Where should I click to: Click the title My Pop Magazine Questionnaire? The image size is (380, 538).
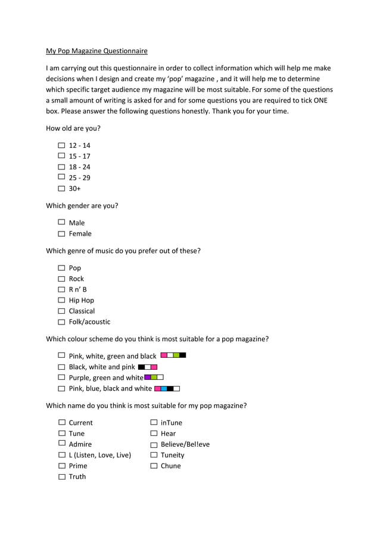tap(96, 51)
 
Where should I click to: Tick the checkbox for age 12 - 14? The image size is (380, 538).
tap(61, 145)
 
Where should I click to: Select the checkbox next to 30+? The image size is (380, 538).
tap(61, 188)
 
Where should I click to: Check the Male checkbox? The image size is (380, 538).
tap(61, 222)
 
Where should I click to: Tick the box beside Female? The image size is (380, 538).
tap(61, 234)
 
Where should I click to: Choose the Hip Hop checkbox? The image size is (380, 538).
tap(61, 301)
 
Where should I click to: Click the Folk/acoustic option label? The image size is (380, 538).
tap(89, 322)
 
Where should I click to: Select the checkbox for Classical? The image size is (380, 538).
tap(61, 311)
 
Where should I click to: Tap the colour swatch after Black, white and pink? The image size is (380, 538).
tap(147, 367)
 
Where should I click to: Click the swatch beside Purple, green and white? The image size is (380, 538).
tap(154, 378)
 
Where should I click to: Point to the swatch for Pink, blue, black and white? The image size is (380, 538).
tap(167, 389)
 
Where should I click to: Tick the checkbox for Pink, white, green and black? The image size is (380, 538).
tap(61, 355)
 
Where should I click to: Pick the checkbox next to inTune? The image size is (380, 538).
tap(154, 423)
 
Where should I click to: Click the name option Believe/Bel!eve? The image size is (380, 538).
tap(185, 444)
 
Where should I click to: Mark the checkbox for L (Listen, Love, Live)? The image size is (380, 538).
tap(61, 455)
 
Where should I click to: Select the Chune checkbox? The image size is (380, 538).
tap(154, 466)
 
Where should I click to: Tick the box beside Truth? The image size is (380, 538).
tap(61, 477)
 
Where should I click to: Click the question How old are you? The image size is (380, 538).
tap(73, 128)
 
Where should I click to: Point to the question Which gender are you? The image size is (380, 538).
tap(82, 206)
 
